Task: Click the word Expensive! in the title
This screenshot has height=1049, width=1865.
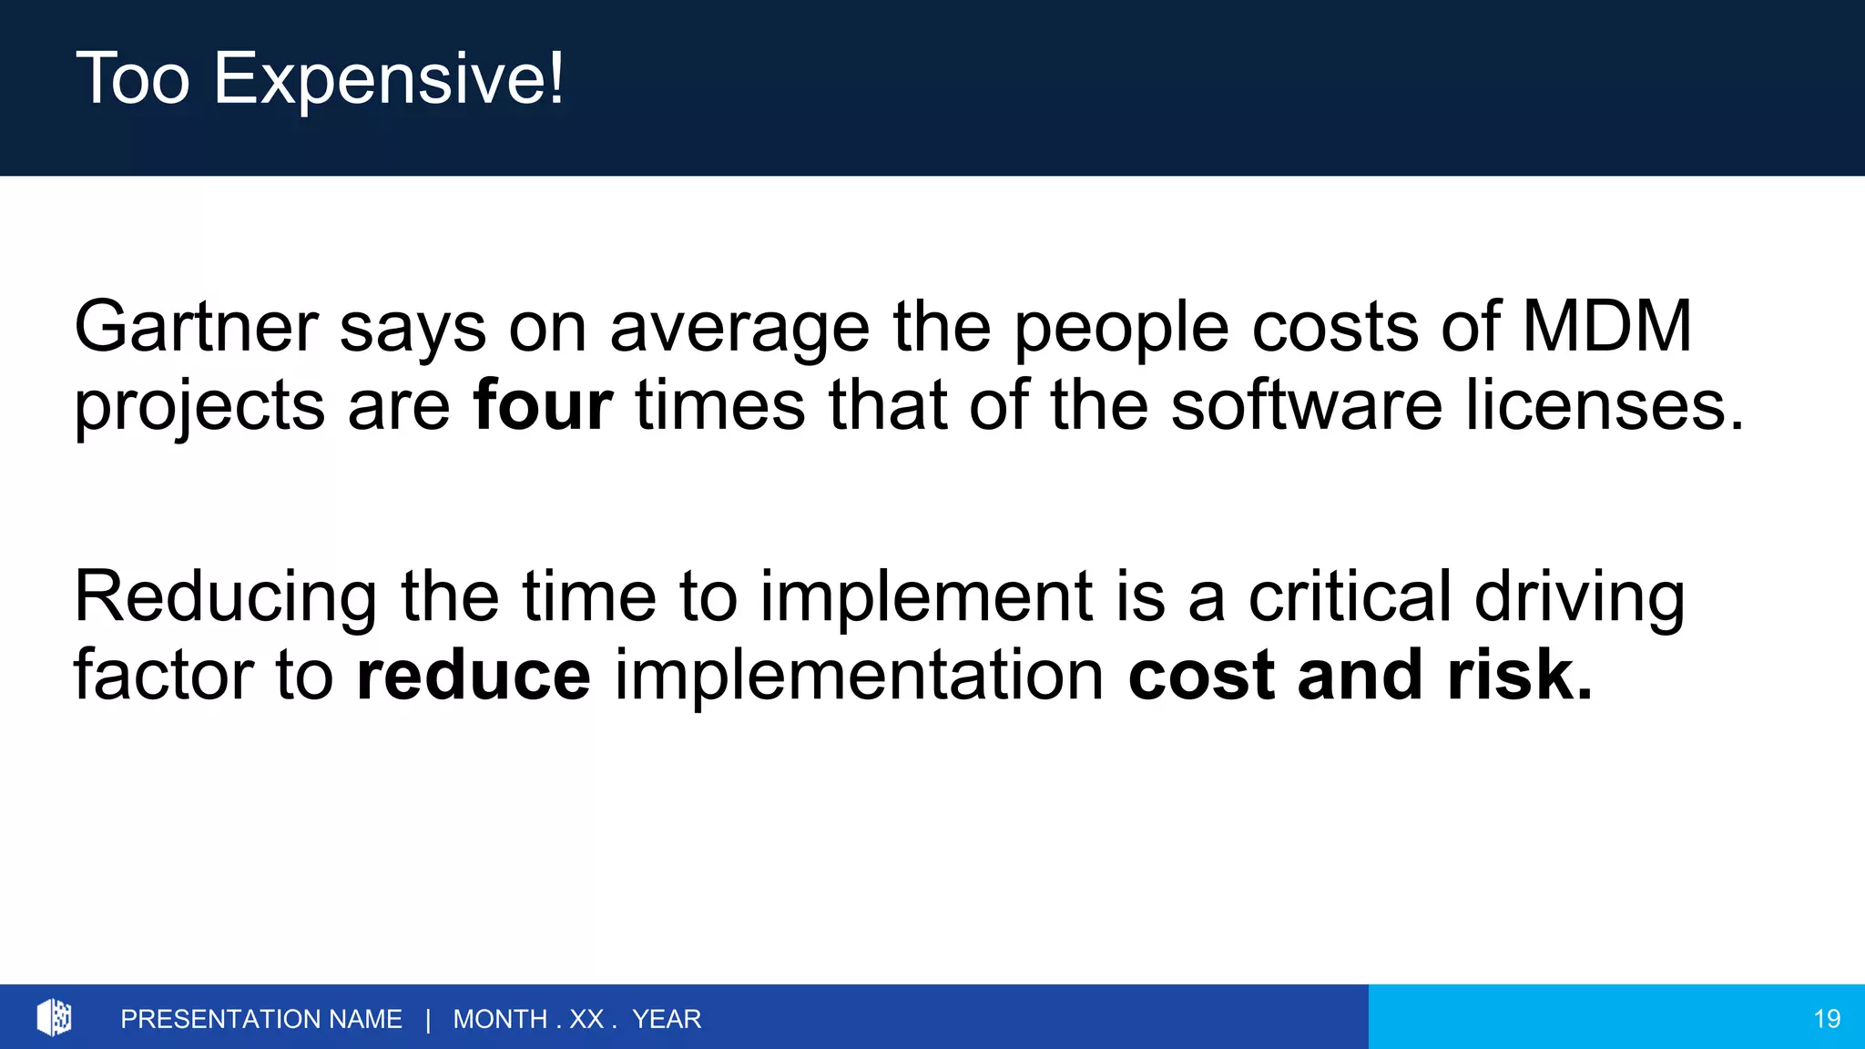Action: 389,79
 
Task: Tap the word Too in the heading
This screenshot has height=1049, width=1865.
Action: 133,79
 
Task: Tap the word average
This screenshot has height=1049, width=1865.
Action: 739,328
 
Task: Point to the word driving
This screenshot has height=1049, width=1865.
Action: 1580,598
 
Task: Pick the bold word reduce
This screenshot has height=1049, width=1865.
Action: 474,676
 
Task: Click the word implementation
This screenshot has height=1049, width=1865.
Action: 860,676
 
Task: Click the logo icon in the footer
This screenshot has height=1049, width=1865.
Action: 55,1017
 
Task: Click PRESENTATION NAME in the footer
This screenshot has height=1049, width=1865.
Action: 261,1019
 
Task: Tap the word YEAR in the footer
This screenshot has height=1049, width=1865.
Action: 667,1019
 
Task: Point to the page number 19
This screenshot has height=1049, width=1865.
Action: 1827,1019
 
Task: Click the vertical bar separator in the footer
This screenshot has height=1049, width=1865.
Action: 428,1019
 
